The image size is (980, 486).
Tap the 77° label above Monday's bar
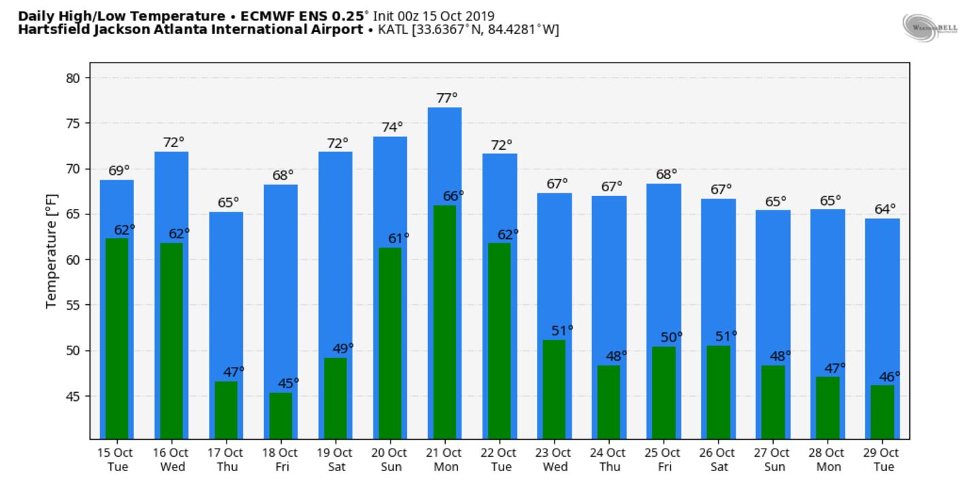446,98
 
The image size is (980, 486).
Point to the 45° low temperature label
287,383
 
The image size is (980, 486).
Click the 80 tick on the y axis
73,78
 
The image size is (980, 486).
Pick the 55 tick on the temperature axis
73,305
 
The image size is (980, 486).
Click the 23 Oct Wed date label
554,459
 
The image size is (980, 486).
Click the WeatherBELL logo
930,27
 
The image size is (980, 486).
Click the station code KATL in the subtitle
393,30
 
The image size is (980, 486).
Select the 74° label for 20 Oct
391,127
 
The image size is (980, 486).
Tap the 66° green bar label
452,195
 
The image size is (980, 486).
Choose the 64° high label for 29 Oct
884,209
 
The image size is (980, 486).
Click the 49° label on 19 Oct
342,349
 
